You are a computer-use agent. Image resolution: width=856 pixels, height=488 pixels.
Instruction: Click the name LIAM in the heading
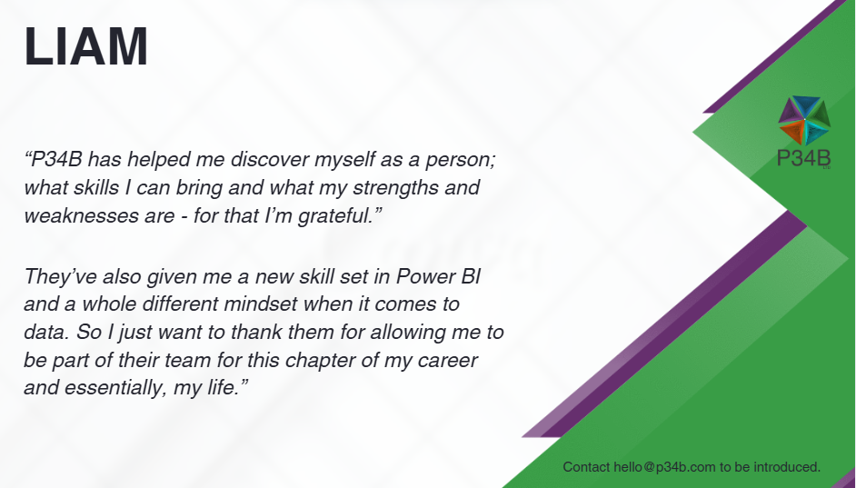click(x=86, y=46)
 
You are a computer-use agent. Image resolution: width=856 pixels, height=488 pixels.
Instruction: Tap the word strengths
click(x=395, y=187)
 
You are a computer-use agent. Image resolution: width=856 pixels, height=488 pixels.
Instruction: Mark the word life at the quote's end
click(x=223, y=387)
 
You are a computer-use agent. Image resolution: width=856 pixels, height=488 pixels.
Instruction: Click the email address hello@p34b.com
click(x=664, y=467)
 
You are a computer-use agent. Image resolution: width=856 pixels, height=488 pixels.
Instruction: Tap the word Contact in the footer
click(x=586, y=467)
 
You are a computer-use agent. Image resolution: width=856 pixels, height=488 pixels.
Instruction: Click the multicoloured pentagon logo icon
click(x=804, y=121)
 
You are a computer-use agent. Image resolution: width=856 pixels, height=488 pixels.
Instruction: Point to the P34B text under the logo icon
click(x=803, y=158)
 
